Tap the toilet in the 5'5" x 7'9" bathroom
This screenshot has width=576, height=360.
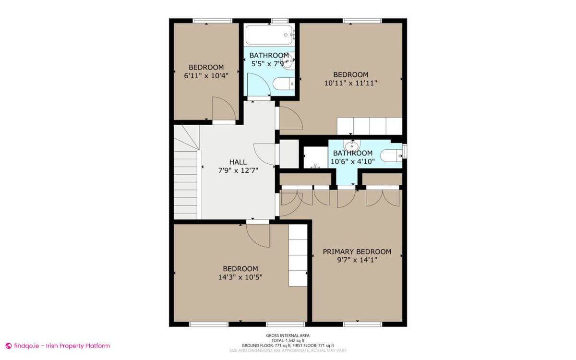click(283, 84)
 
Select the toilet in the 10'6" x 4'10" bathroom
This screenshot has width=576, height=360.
click(391, 156)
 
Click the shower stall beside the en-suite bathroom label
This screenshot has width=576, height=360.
click(315, 157)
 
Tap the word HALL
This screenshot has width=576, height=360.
click(238, 162)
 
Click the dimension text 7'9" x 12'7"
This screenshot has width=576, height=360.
click(238, 170)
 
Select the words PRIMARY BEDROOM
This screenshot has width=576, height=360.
click(357, 252)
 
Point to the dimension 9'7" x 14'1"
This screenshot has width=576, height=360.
click(357, 260)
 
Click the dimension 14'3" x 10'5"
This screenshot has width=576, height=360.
click(240, 277)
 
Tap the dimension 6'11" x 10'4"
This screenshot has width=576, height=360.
click(206, 75)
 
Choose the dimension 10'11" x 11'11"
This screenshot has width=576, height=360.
click(351, 83)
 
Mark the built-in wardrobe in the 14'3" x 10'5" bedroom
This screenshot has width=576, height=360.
click(298, 255)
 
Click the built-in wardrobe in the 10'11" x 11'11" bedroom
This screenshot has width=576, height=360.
click(369, 126)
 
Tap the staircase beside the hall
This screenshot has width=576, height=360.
click(186, 182)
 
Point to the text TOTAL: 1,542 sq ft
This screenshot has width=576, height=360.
click(288, 340)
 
